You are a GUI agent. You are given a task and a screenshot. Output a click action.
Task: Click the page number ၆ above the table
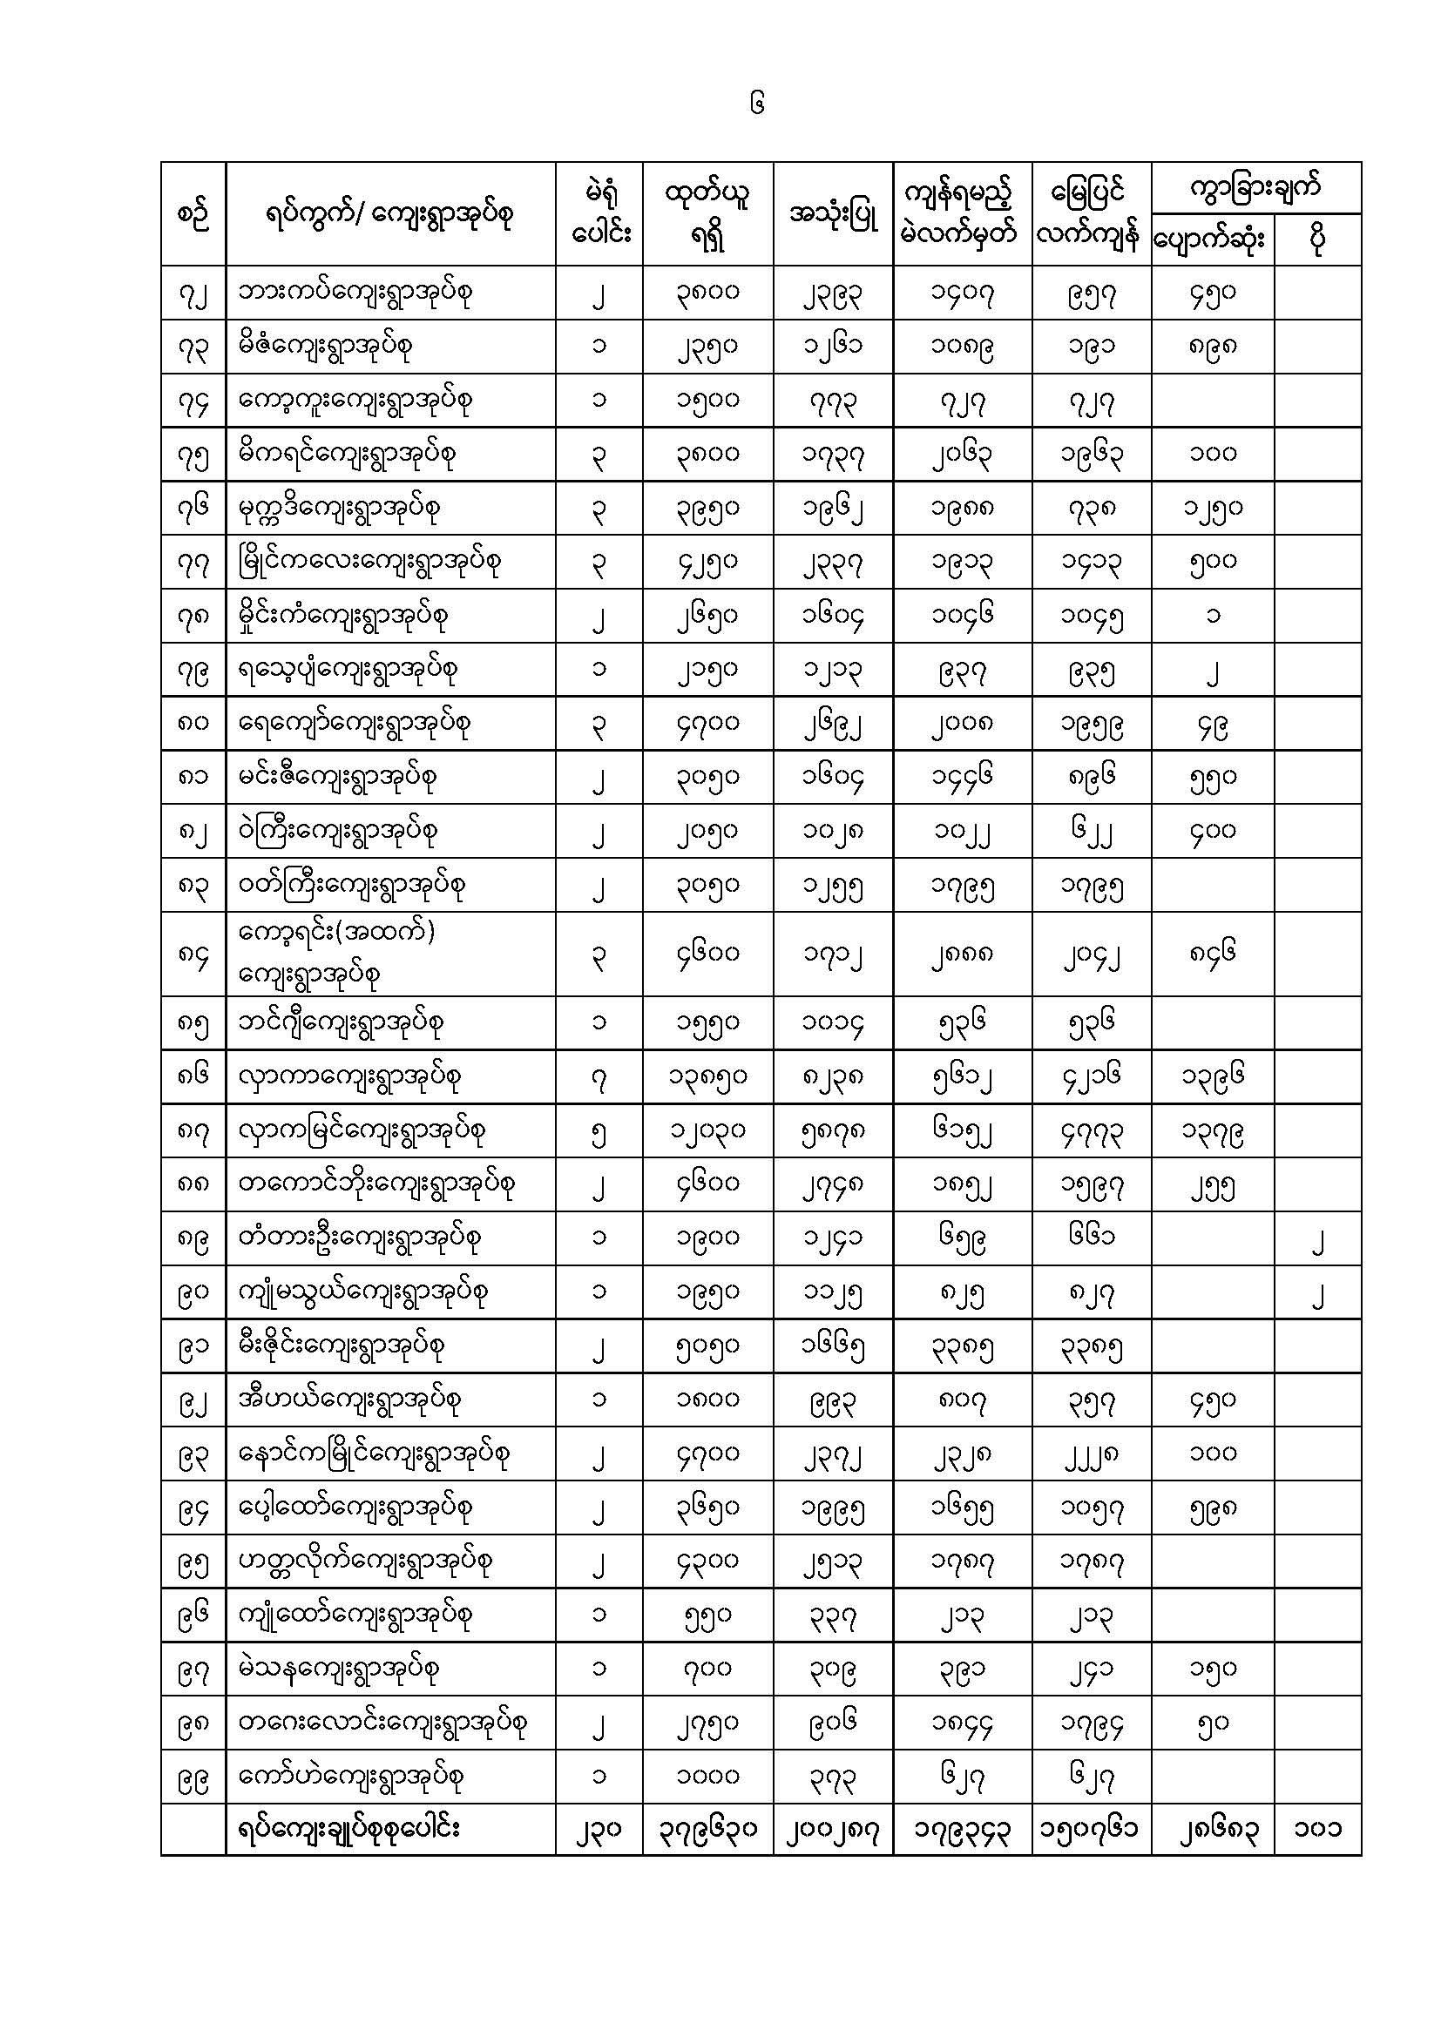756,104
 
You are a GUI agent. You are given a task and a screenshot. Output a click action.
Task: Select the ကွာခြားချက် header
1255,187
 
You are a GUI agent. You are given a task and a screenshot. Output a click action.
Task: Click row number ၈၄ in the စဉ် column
193,954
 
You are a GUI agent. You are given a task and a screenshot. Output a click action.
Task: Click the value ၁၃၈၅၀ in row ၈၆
707,1077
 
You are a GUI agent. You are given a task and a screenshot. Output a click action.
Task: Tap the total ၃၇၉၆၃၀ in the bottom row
707,1829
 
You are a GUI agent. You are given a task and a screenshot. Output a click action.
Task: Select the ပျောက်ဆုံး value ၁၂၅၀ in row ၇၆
1212,509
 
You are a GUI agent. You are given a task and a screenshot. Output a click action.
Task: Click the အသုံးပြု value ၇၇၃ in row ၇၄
832,401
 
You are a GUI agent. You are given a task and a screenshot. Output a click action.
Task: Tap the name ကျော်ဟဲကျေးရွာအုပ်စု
351,1775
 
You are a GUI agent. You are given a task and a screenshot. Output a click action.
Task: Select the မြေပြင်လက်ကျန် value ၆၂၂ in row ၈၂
1091,832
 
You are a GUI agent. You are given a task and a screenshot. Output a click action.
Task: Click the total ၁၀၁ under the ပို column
1316,1829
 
